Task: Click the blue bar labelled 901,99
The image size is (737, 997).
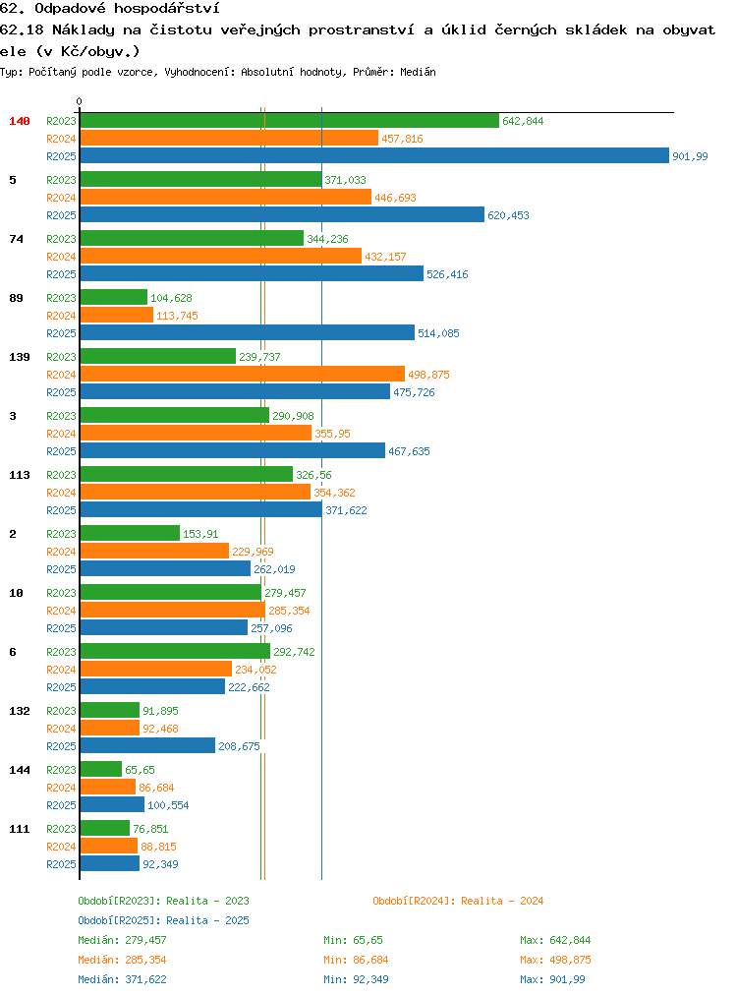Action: point(374,155)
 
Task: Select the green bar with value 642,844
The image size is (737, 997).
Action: point(290,120)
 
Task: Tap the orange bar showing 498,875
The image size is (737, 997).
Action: point(243,374)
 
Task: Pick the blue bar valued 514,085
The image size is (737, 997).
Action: point(248,332)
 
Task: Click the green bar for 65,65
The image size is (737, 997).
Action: point(101,769)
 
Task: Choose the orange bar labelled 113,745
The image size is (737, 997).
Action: point(117,315)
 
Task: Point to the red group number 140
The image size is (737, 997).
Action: point(19,121)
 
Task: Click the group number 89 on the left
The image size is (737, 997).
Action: point(16,298)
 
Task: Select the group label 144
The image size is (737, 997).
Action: point(19,769)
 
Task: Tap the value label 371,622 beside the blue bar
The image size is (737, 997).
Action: point(346,510)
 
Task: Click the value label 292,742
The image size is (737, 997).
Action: point(294,652)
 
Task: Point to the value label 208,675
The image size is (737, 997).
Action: point(239,746)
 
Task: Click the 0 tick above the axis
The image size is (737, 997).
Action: point(79,101)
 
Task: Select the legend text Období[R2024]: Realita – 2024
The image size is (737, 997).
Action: point(458,901)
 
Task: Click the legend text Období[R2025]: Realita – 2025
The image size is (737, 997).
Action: point(163,920)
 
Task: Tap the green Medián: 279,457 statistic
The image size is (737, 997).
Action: point(122,940)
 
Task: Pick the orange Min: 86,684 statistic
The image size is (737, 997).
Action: point(356,960)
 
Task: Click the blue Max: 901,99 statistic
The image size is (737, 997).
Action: point(552,979)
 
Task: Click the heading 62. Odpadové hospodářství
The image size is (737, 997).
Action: point(110,8)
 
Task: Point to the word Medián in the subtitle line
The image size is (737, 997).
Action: point(418,72)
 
